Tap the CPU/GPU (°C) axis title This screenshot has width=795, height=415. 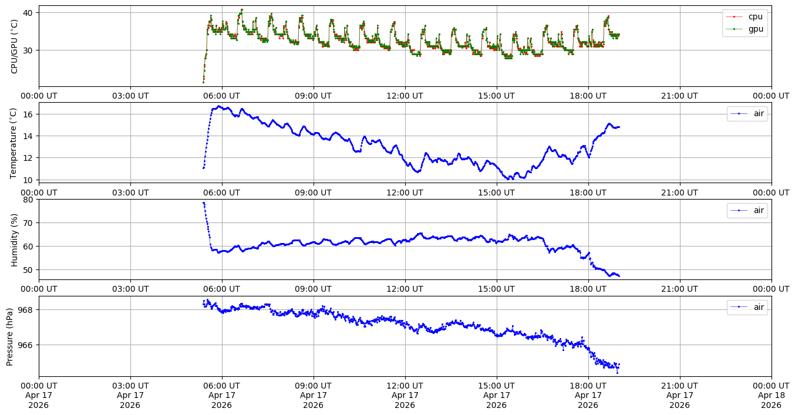click(x=14, y=46)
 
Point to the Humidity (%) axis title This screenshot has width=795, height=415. click(x=14, y=239)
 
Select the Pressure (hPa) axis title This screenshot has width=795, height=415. click(x=10, y=336)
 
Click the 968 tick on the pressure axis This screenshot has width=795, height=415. click(x=26, y=309)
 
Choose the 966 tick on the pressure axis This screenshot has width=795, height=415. click(x=26, y=345)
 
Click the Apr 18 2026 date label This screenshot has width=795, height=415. click(x=771, y=397)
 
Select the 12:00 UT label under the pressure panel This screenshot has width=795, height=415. click(x=405, y=386)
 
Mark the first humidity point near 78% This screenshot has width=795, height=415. click(x=203, y=203)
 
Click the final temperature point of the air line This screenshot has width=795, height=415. click(x=619, y=127)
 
